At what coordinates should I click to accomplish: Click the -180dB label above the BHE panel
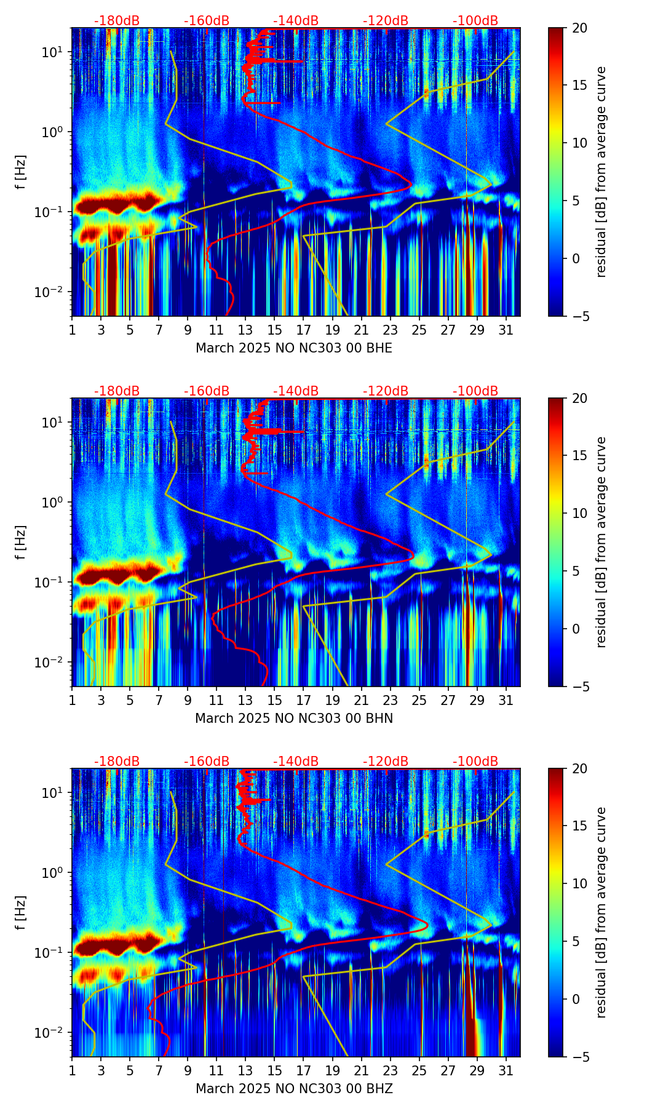[117, 21]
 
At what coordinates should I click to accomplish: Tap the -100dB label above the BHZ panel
[475, 762]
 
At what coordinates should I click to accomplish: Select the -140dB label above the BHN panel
[296, 391]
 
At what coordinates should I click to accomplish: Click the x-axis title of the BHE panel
[294, 348]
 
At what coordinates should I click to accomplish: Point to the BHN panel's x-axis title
[294, 719]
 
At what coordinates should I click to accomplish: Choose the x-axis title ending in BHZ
[294, 1089]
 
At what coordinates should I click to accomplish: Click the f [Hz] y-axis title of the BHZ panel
[22, 912]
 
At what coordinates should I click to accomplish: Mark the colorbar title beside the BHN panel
[601, 542]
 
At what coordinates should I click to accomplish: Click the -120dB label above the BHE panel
[386, 21]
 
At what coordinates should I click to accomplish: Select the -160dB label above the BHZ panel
[207, 762]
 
